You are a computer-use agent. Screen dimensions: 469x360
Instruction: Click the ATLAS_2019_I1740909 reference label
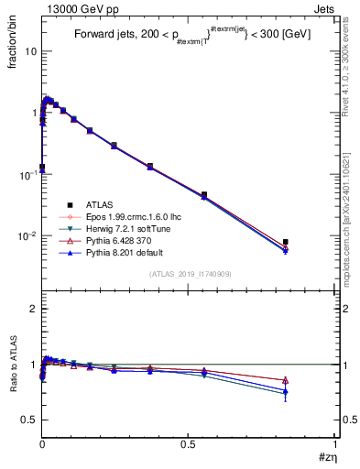[190, 274]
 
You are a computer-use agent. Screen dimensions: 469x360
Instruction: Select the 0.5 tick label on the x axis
[188, 446]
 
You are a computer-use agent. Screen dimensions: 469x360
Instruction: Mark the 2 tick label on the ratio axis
[32, 309]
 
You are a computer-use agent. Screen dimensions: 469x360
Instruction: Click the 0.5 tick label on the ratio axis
[28, 420]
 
